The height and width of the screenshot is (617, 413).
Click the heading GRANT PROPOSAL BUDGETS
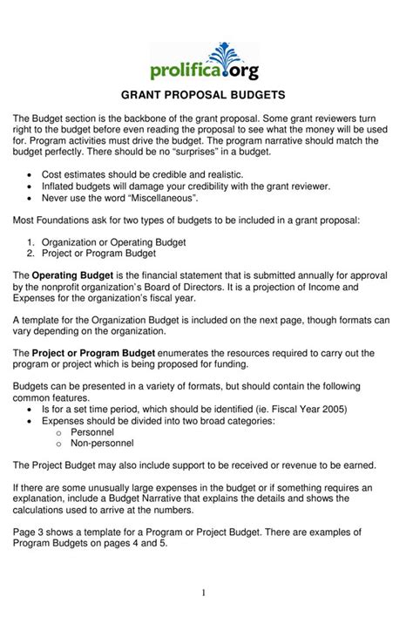coord(206,94)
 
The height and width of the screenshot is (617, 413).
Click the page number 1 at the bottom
coord(203,593)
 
